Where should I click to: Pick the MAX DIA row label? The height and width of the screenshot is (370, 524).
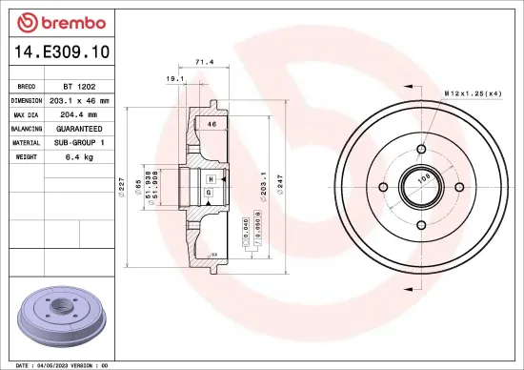(x=26, y=113)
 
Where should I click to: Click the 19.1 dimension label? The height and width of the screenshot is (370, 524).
(x=174, y=80)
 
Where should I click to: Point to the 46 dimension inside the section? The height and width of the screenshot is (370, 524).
(x=212, y=125)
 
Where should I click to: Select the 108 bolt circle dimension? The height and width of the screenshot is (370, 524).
(x=426, y=177)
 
